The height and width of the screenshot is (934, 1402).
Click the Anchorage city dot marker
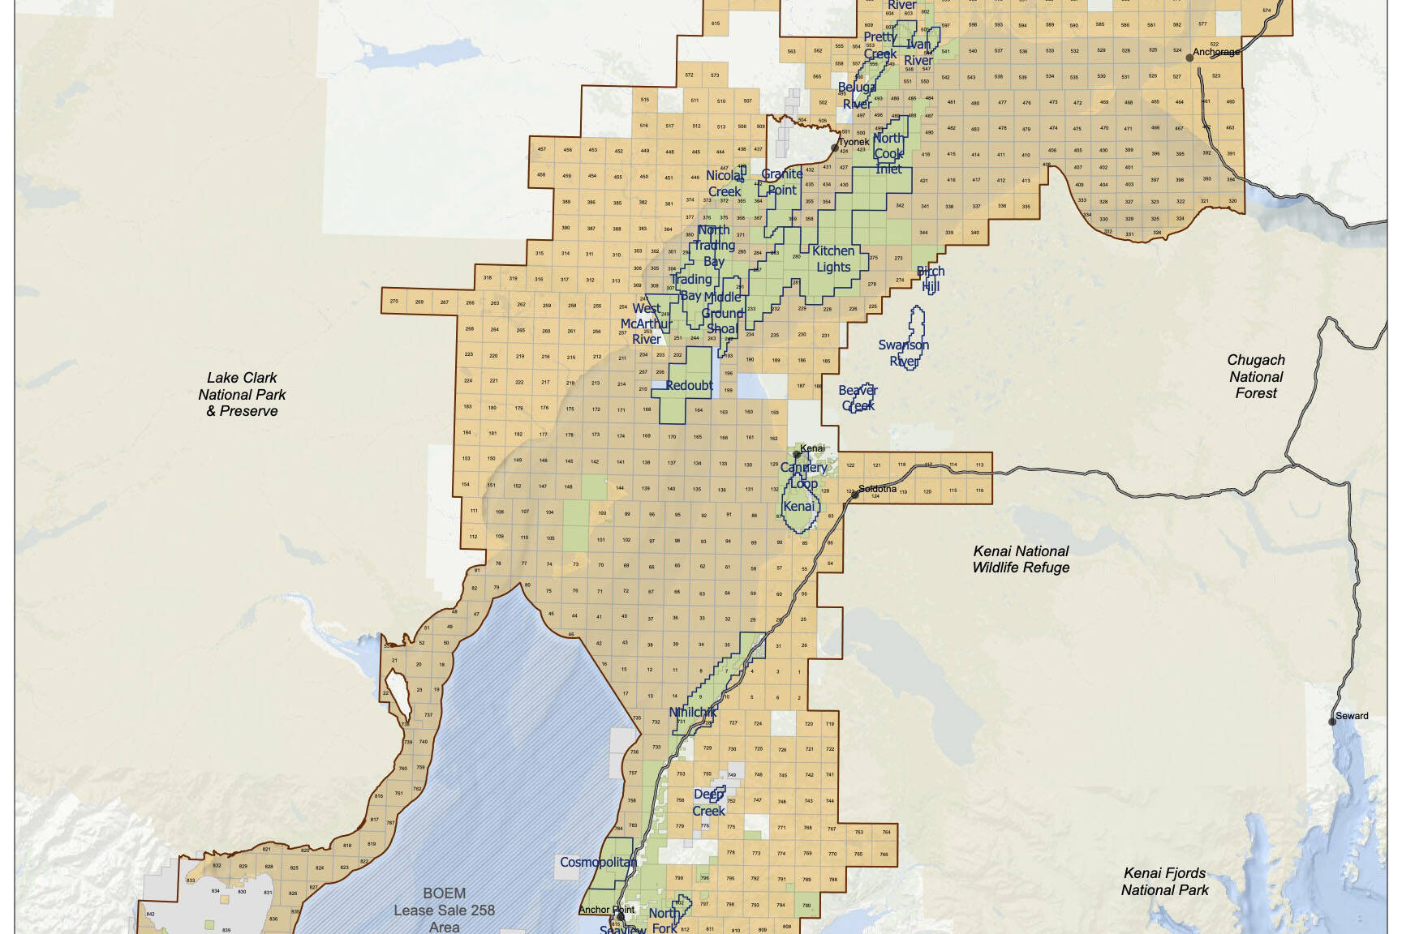1189,58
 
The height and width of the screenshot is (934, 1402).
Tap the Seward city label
1352,716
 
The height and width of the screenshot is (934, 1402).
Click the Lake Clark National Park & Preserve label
242,394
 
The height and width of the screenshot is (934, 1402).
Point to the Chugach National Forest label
1255,376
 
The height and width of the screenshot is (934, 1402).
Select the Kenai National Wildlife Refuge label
1021,559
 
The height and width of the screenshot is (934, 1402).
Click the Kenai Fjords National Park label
1164,881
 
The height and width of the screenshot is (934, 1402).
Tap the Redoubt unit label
689,385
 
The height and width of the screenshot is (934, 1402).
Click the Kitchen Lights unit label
833,259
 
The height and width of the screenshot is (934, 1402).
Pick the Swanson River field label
903,353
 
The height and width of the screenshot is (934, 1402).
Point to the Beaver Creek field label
858,398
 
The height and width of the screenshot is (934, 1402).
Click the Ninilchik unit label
692,713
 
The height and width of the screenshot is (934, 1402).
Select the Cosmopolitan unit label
598,862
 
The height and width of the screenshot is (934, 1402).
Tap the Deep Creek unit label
708,803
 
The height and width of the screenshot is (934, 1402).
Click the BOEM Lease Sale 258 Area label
444,910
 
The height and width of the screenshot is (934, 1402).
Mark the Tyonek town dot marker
835,148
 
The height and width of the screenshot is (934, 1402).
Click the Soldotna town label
877,489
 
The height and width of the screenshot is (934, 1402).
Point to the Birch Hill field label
930,279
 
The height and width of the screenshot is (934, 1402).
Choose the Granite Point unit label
781,182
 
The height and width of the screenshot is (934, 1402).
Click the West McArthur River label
646,323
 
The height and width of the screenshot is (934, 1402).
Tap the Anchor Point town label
606,910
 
